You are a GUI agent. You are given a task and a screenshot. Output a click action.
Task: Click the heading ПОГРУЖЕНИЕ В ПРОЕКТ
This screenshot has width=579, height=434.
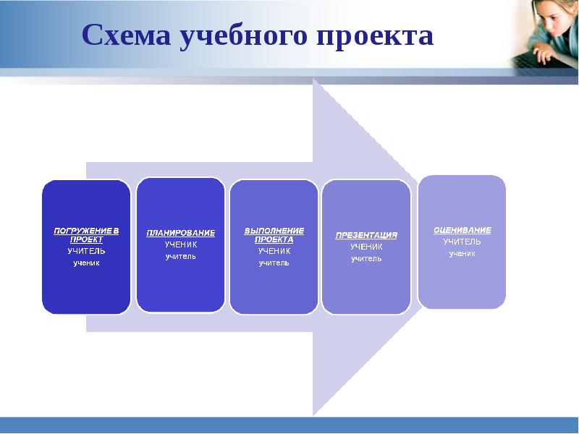(x=86, y=234)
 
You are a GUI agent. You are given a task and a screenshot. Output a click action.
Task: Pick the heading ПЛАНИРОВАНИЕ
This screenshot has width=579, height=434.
(x=180, y=233)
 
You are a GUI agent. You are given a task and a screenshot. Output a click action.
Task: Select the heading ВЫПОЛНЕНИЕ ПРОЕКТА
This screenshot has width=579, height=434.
(x=274, y=234)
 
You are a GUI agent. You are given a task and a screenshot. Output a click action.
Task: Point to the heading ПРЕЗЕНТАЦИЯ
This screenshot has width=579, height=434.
(x=366, y=235)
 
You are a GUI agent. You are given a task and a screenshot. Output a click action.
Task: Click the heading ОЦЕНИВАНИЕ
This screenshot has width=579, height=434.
(x=462, y=230)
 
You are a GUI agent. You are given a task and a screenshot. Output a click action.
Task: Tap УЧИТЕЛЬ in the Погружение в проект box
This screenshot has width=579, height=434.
(x=86, y=251)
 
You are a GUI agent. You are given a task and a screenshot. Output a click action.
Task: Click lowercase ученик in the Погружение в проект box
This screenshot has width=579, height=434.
(x=86, y=263)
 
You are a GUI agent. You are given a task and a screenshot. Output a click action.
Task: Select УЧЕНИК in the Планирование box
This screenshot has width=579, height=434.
(x=180, y=244)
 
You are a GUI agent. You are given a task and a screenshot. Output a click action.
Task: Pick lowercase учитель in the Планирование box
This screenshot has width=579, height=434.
(x=180, y=257)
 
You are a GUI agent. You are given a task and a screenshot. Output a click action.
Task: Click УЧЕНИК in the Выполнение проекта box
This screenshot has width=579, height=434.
(x=274, y=251)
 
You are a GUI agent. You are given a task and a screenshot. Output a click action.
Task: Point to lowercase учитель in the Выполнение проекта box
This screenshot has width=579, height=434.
(x=274, y=263)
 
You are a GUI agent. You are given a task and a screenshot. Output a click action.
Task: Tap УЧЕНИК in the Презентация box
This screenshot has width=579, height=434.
(x=366, y=247)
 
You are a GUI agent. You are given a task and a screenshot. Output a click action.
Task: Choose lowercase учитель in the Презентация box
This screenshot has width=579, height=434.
(x=366, y=259)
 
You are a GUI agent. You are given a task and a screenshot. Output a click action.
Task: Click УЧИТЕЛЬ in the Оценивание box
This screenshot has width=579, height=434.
(x=462, y=242)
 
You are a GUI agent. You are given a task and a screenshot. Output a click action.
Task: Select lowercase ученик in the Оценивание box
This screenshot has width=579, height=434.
(x=462, y=254)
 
